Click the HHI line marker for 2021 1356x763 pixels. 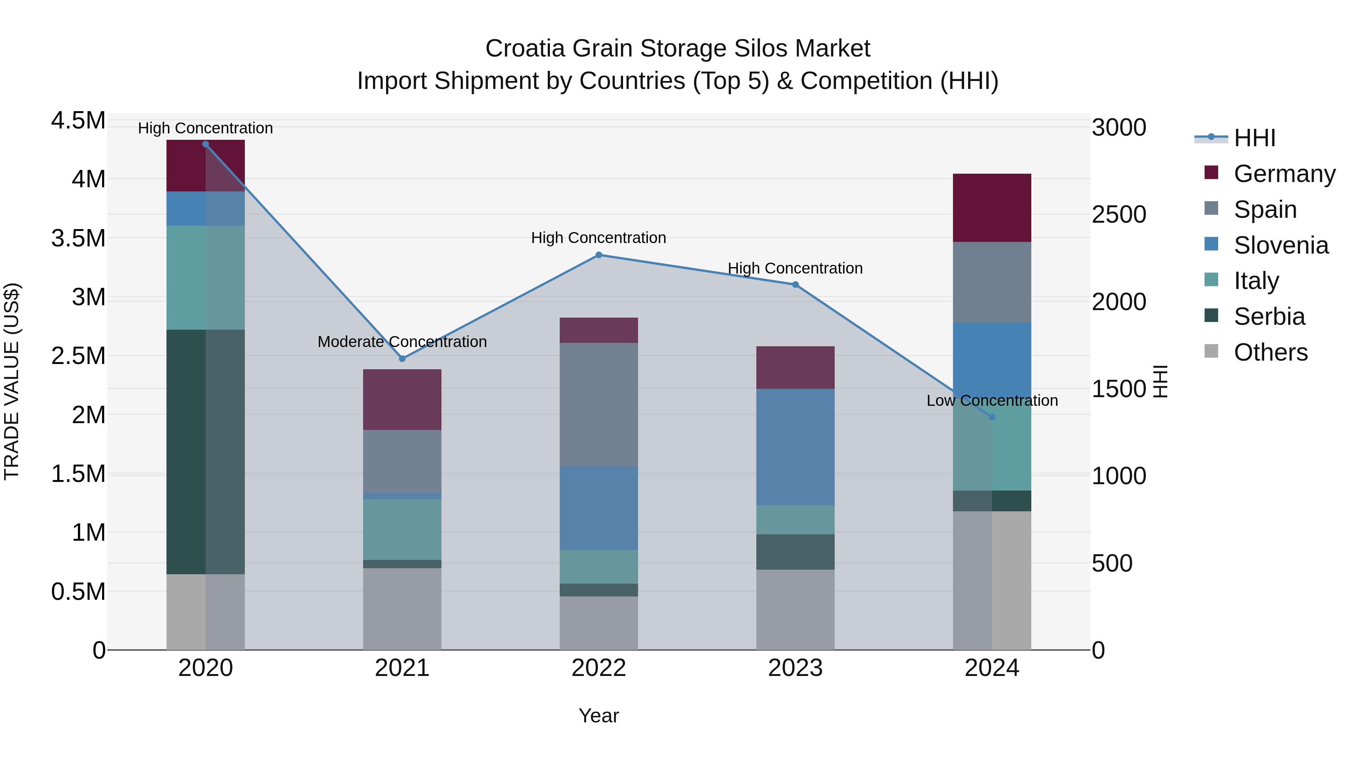(x=402, y=359)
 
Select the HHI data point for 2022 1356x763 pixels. (x=599, y=255)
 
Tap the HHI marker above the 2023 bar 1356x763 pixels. (x=796, y=285)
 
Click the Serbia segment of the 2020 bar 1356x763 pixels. (x=205, y=452)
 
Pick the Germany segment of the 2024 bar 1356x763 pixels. (x=992, y=208)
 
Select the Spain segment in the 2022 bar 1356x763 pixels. (x=599, y=404)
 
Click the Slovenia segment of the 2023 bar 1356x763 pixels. (x=796, y=447)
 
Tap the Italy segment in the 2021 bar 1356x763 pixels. (x=402, y=529)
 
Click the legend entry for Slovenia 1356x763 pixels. (x=1281, y=245)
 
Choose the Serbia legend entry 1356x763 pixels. (x=1269, y=317)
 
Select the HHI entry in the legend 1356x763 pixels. (x=1254, y=138)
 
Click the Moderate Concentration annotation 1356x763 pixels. (x=402, y=342)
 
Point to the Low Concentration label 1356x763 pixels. (x=992, y=401)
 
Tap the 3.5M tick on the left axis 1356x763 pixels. (x=78, y=238)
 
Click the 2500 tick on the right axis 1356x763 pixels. (x=1119, y=214)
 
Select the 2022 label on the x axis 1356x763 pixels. (x=599, y=668)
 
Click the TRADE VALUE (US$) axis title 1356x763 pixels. (x=12, y=381)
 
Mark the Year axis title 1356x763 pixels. (x=599, y=716)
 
